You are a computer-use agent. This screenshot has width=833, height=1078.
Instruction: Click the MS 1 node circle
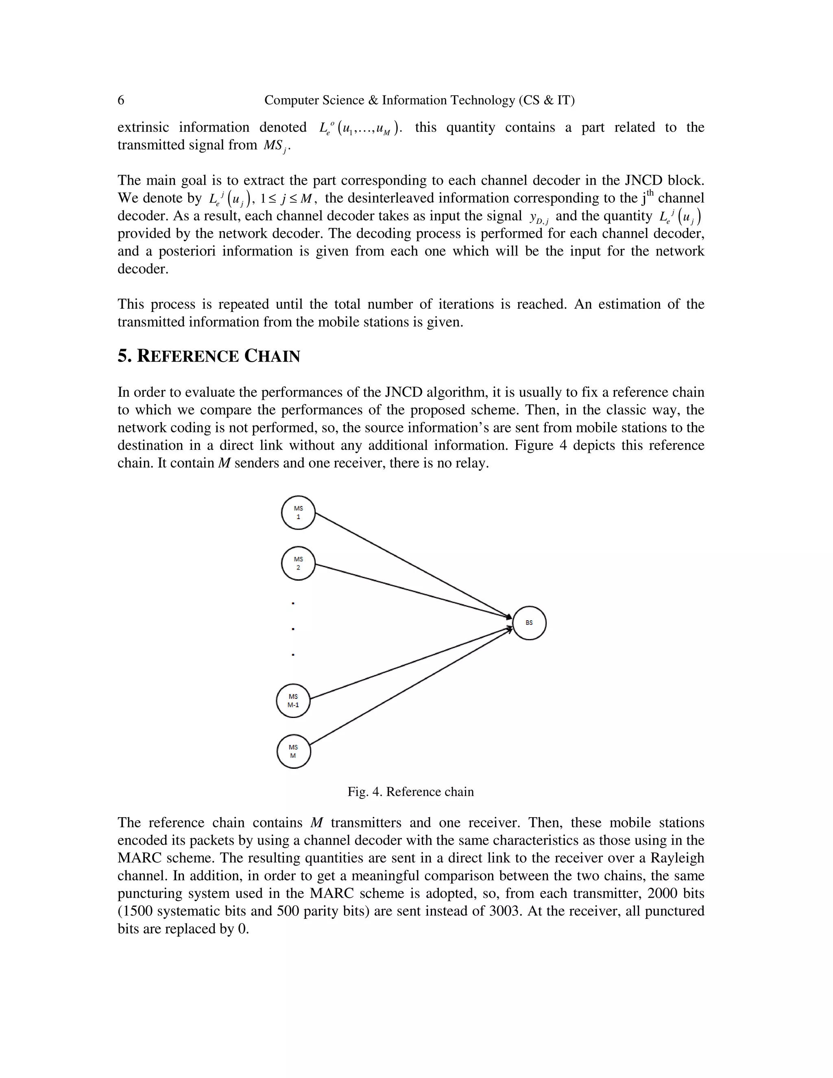pos(298,512)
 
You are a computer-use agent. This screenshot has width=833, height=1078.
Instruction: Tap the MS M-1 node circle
pos(293,700)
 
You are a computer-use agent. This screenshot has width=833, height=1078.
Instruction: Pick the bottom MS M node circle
pos(293,751)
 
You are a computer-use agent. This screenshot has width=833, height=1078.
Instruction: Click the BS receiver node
pos(529,623)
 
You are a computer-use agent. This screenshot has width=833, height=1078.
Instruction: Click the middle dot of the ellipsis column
pos(293,629)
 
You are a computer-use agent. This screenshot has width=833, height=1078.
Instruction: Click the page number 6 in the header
pos(121,100)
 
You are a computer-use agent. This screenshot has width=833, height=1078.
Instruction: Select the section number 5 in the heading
pos(123,356)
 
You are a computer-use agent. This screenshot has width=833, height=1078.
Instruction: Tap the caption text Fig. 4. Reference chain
pos(410,792)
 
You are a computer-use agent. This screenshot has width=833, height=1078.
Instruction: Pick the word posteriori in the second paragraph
pos(187,251)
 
